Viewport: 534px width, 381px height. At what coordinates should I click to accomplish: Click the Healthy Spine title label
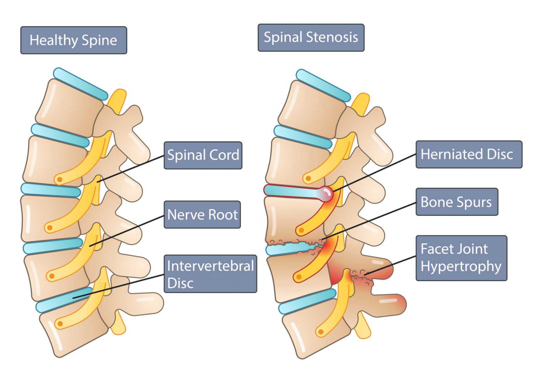(x=74, y=40)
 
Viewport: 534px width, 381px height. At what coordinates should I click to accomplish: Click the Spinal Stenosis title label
(x=311, y=38)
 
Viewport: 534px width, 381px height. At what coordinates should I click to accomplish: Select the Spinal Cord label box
(x=203, y=155)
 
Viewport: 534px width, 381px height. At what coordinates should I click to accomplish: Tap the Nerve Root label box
(x=202, y=214)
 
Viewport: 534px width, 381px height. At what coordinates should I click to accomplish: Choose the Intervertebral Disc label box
(x=210, y=274)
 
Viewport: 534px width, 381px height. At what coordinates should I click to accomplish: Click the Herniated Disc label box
(x=468, y=154)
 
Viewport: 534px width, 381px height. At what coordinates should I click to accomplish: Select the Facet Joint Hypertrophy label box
(x=461, y=258)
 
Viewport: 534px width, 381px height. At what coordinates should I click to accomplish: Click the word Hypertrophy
(x=461, y=267)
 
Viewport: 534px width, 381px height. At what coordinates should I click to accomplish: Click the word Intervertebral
(x=210, y=266)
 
